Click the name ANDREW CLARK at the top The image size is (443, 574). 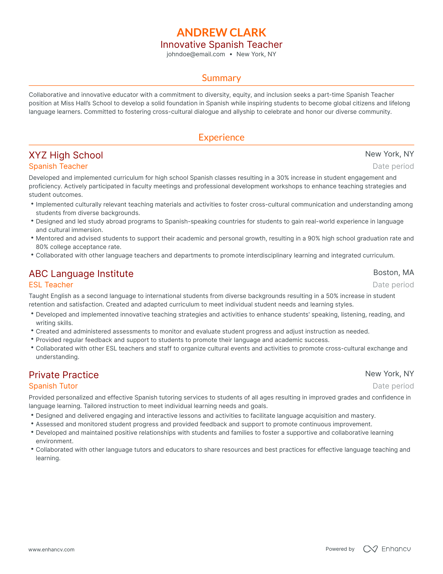click(x=221, y=32)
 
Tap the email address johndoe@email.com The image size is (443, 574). click(x=196, y=54)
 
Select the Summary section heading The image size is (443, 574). click(x=221, y=78)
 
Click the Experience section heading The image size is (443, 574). click(x=221, y=137)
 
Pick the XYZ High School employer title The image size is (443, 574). click(x=66, y=155)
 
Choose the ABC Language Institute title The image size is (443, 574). click(x=81, y=274)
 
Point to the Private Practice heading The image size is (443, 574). click(x=63, y=375)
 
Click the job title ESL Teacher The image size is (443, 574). click(x=51, y=285)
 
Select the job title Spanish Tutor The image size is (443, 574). click(x=53, y=386)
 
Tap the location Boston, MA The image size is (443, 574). click(x=393, y=273)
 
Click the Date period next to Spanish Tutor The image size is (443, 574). click(x=393, y=386)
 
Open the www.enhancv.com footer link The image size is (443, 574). click(x=52, y=549)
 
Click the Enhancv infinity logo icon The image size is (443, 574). click(x=370, y=549)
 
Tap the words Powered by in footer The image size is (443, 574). click(x=340, y=549)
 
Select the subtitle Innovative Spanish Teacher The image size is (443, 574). click(x=221, y=45)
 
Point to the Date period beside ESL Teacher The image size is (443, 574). click(x=393, y=285)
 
